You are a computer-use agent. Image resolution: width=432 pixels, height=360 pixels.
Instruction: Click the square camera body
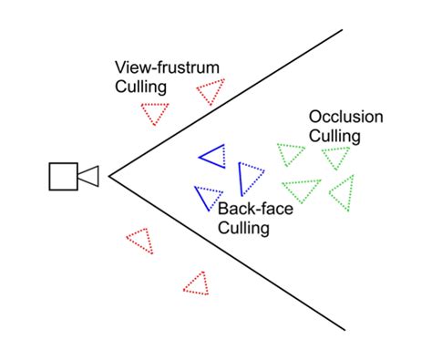[62, 177]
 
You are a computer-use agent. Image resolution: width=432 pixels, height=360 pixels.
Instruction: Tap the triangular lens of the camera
[88, 177]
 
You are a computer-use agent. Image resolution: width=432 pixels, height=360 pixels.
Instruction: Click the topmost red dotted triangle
[211, 91]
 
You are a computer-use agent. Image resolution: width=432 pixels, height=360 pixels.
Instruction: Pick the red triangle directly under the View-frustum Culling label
[155, 113]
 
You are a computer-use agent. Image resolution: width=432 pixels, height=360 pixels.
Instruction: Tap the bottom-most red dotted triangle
[197, 283]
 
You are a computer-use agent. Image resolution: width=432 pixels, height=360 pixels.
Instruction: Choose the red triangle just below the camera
[140, 241]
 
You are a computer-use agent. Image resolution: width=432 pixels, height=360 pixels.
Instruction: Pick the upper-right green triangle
[334, 157]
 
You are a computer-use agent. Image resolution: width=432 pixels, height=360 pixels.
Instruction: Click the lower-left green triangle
[303, 190]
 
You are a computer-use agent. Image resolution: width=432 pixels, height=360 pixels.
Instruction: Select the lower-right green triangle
[342, 193]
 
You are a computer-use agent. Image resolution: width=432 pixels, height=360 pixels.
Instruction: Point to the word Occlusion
[345, 117]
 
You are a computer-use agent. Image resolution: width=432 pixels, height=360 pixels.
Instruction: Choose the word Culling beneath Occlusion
[335, 136]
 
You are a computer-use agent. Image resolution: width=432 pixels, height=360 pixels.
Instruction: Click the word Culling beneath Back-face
[243, 228]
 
